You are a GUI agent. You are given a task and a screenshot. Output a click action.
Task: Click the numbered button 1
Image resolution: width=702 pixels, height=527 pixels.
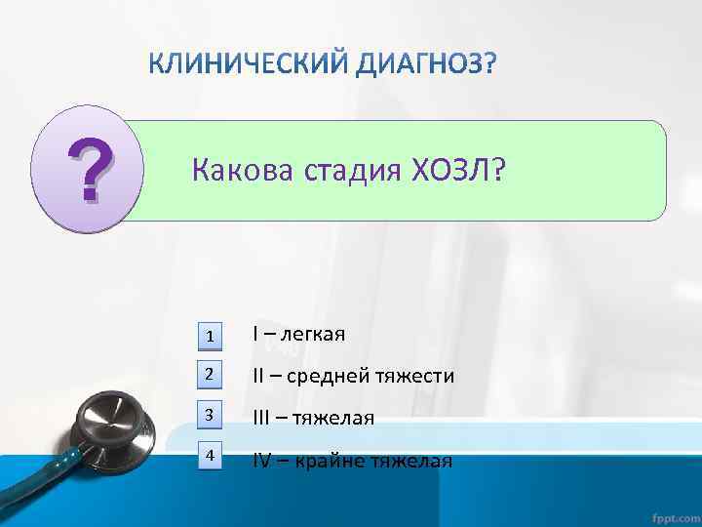210,336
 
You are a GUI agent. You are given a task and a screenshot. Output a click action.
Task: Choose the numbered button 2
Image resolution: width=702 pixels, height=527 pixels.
210,375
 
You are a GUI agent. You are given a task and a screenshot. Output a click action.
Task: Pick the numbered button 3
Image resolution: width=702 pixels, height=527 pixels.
210,415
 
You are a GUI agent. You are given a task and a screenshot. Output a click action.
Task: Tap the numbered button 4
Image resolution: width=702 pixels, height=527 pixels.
210,455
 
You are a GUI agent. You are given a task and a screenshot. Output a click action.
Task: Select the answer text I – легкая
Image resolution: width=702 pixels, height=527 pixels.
298,335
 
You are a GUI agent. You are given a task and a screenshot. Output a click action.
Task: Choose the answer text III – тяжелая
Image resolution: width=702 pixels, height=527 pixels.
313,418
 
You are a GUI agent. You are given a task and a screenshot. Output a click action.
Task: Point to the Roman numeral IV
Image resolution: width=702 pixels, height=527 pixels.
261,461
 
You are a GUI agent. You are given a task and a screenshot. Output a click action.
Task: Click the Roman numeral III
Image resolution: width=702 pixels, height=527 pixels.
260,418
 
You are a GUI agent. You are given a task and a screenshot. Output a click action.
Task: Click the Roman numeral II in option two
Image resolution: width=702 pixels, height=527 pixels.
258,376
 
